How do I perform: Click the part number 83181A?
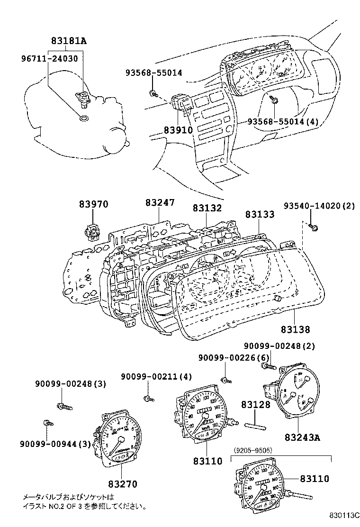[x=69, y=41]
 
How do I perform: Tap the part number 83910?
[x=178, y=129]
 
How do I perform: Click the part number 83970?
[x=93, y=204]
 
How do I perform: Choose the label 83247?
[x=160, y=203]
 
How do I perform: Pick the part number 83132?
[x=207, y=208]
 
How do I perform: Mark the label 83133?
[x=260, y=215]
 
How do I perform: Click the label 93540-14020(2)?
[x=319, y=207]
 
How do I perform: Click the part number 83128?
[x=255, y=405]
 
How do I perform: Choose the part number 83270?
[x=122, y=484]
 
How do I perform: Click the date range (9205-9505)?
[x=253, y=450]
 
